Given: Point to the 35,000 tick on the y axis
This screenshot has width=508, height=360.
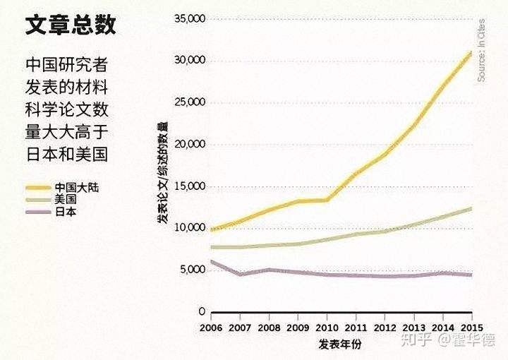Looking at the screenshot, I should [x=188, y=18].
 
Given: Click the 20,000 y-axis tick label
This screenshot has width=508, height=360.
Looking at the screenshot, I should [x=188, y=145].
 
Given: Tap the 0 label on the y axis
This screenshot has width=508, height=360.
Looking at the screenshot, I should [x=201, y=311].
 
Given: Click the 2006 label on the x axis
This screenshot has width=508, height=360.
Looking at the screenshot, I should [x=211, y=328].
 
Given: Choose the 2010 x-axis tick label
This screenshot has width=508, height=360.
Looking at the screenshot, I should [x=327, y=328].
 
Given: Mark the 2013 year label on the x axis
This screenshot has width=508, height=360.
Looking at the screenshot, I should [x=413, y=328].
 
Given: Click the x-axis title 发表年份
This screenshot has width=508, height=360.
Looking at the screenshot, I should [x=339, y=344].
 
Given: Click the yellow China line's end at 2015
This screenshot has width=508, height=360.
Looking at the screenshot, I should [x=471, y=52].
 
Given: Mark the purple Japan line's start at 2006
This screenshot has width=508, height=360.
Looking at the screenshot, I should [x=212, y=262].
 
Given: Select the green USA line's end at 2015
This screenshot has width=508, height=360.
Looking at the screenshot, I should [x=471, y=208].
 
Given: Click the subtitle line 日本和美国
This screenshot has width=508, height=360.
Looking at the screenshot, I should [x=67, y=152].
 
